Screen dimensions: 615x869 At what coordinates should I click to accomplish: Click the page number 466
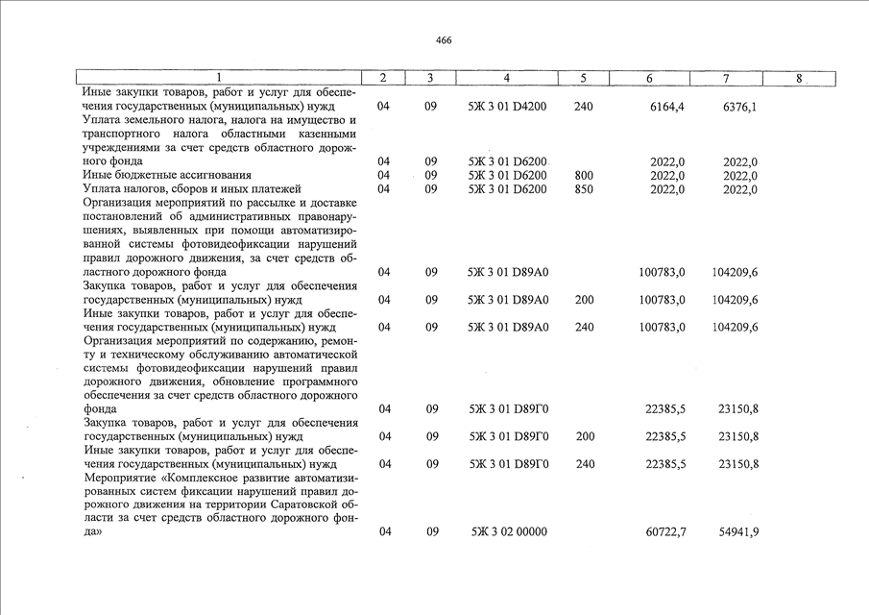[x=443, y=40]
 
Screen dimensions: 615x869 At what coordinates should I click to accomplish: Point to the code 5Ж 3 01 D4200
[x=507, y=107]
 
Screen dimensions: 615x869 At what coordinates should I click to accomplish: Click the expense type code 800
[x=583, y=176]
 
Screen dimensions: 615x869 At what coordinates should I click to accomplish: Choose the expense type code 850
[x=583, y=189]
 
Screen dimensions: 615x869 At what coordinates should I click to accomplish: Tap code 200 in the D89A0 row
[x=583, y=300]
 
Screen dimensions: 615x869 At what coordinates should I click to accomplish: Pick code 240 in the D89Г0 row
[x=583, y=463]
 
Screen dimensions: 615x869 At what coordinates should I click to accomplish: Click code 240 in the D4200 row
[x=583, y=107]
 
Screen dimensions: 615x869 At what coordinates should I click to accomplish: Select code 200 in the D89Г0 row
[x=583, y=436]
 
